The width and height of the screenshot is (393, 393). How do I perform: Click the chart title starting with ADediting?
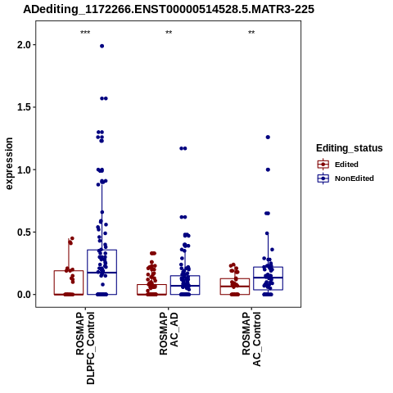click(x=169, y=9)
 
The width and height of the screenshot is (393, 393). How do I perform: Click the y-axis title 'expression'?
click(x=9, y=164)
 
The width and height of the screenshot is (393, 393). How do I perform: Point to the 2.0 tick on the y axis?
click(x=24, y=45)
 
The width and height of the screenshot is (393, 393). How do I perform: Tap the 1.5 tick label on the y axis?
click(x=24, y=107)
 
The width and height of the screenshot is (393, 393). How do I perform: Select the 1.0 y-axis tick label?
click(x=24, y=169)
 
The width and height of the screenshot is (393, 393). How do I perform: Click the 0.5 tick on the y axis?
click(x=24, y=232)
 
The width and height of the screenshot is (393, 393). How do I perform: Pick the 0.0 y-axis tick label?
click(x=24, y=295)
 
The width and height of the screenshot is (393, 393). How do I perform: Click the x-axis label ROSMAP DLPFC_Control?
click(x=85, y=348)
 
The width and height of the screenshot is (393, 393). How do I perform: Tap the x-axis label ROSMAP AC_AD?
click(x=169, y=333)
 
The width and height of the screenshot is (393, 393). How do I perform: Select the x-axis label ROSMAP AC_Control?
click(x=251, y=339)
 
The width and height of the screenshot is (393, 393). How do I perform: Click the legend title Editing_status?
click(x=350, y=148)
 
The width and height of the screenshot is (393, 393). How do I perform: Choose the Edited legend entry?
click(x=346, y=165)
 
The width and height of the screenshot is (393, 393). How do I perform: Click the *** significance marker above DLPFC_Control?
click(x=85, y=33)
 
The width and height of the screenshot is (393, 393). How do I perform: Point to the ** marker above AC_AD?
click(x=169, y=33)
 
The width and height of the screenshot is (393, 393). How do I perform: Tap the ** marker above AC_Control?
click(x=251, y=33)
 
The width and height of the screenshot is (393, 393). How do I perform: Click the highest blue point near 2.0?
click(x=102, y=46)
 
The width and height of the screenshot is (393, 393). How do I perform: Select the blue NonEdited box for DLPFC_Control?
click(x=102, y=250)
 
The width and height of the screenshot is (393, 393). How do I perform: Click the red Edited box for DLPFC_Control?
click(x=69, y=271)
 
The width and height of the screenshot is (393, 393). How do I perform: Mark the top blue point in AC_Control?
click(x=268, y=137)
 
